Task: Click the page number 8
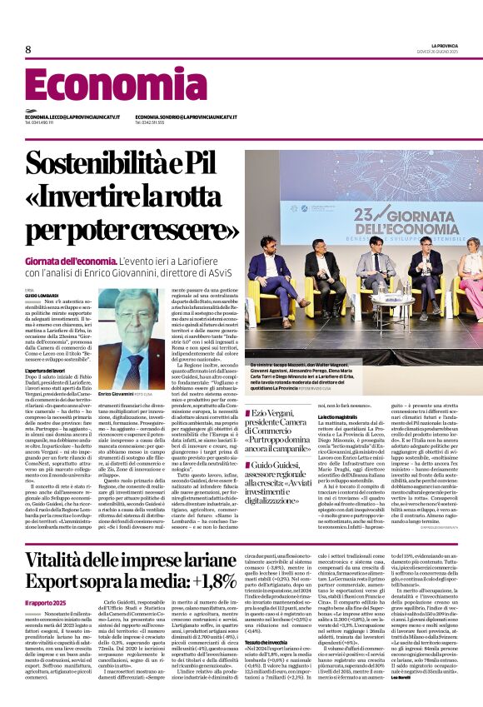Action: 28,49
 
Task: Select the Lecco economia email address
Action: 72,117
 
